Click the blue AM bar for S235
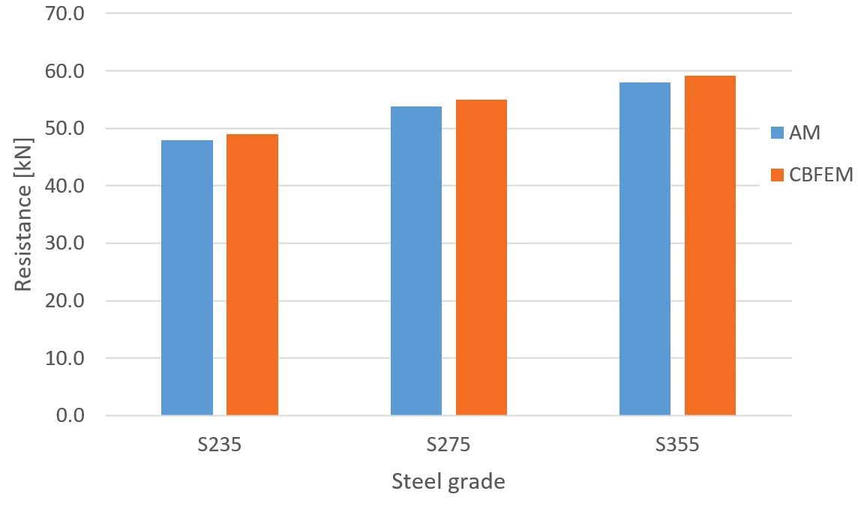point(187,278)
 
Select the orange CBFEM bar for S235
point(252,274)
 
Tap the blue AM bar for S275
point(415,261)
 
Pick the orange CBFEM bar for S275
point(481,258)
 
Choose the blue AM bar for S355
point(644,249)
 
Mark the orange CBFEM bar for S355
point(710,246)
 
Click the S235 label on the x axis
point(220,445)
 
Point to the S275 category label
point(448,445)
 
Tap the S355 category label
point(677,445)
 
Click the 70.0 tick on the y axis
point(65,13)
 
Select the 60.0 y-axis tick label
point(65,71)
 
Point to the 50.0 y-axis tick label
point(65,128)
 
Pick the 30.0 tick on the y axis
point(65,244)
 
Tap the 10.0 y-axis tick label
point(65,358)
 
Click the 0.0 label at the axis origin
point(70,416)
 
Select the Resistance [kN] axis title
point(23,214)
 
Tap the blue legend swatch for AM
point(777,133)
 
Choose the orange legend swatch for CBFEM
point(777,175)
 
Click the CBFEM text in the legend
point(820,175)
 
